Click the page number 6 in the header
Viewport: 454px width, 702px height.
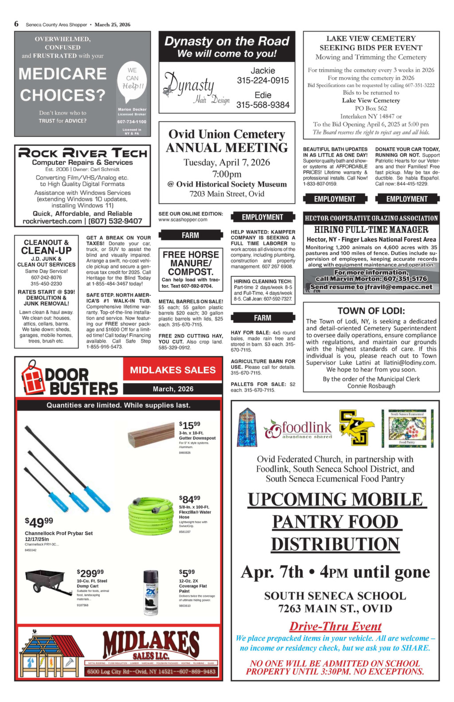pos(16,24)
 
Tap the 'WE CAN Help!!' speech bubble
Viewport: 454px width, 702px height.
pos(132,78)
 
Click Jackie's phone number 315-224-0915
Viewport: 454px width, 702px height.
pos(262,80)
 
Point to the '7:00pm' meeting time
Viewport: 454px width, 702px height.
pos(227,173)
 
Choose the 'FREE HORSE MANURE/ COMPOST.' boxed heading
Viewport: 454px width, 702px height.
pos(191,263)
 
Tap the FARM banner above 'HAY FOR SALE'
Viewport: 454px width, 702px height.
pos(262,318)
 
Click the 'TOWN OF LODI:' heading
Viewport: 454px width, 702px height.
pos(371,311)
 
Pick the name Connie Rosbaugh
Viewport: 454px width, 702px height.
pos(371,386)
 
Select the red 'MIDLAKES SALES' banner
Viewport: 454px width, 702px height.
pos(173,370)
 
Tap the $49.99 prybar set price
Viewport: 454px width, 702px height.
pos(39,521)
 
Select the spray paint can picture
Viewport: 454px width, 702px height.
pos(151,592)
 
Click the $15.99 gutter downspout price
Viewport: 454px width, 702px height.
pos(190,425)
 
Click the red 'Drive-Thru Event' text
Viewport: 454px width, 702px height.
pos(335,626)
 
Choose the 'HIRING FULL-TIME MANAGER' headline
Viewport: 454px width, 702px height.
pos(371,230)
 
